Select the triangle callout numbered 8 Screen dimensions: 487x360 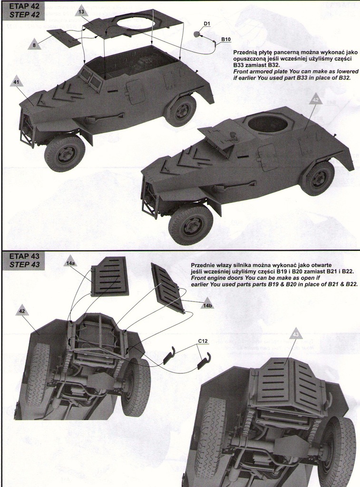pyautogui.click(x=34, y=45)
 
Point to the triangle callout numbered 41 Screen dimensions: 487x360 pyautogui.click(x=17, y=82)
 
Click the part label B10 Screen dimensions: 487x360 pyautogui.click(x=226, y=39)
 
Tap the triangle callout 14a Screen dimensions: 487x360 pyautogui.click(x=70, y=263)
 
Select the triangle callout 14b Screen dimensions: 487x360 pyautogui.click(x=207, y=305)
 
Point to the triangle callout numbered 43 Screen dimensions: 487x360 pyautogui.click(x=295, y=334)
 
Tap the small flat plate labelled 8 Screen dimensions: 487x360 pyautogui.click(x=63, y=37)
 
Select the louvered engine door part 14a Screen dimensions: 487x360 pyautogui.click(x=110, y=276)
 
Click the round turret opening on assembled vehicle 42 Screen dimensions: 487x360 pyautogui.click(x=268, y=125)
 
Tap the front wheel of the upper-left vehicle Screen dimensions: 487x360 pyautogui.click(x=65, y=154)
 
